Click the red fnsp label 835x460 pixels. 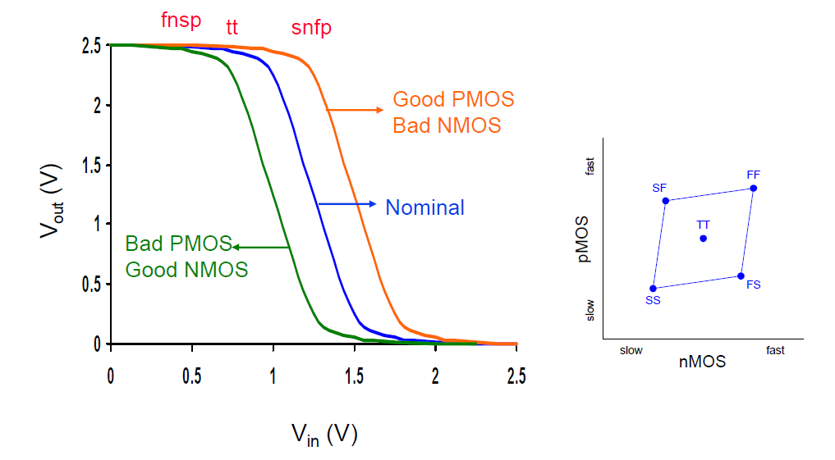[181, 20]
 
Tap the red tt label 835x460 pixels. [232, 26]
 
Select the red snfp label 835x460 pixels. [311, 28]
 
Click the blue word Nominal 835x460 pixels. [425, 207]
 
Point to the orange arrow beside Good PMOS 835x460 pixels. [355, 110]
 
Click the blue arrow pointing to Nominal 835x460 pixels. [347, 204]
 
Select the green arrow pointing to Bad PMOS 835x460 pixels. [261, 248]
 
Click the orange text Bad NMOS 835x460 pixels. [447, 125]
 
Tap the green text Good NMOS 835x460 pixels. [187, 270]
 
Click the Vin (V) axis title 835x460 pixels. [324, 435]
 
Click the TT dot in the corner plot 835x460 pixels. [704, 239]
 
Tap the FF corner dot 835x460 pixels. [754, 189]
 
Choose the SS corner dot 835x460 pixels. [653, 289]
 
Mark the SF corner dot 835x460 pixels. [666, 201]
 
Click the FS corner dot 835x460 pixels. [741, 276]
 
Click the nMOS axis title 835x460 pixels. [702, 362]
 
